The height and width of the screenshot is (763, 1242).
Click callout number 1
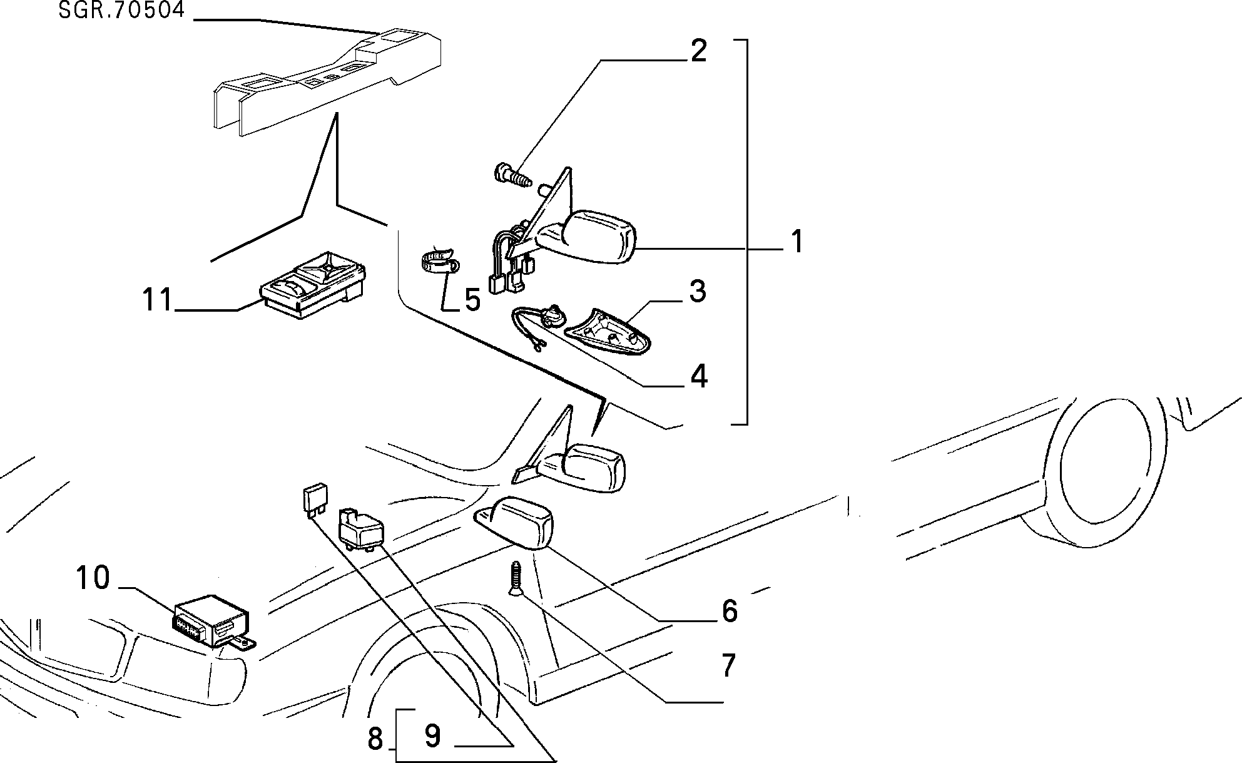coord(796,242)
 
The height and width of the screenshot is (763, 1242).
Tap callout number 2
coord(698,51)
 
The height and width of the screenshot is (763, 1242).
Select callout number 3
coord(698,292)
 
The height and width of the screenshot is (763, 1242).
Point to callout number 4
coord(698,376)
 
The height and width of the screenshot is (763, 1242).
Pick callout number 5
coord(472,300)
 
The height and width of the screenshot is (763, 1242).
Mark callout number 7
coord(728,665)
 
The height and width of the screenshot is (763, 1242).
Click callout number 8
coord(375,739)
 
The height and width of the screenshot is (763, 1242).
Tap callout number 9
coord(432,735)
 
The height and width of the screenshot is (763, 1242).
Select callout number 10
coord(93,578)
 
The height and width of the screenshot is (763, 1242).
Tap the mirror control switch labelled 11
coord(312,285)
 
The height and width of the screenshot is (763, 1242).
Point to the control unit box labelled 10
coord(214,621)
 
